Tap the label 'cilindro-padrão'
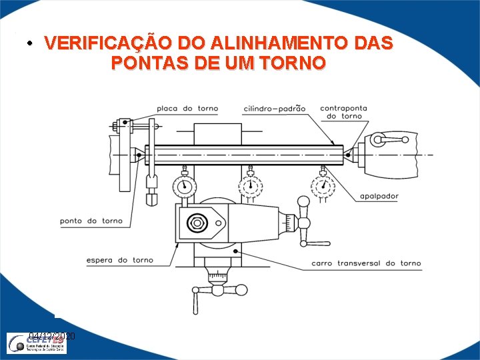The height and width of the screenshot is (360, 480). (x=275, y=109)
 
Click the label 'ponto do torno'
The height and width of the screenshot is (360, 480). (x=91, y=221)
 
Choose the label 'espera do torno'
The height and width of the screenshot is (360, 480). (x=120, y=260)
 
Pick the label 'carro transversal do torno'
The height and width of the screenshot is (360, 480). (x=366, y=263)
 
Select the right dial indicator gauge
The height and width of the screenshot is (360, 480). (x=323, y=185)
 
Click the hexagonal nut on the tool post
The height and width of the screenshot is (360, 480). (x=198, y=223)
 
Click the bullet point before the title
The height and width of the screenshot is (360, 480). (x=30, y=45)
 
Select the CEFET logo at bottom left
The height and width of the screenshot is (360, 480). (x=40, y=343)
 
